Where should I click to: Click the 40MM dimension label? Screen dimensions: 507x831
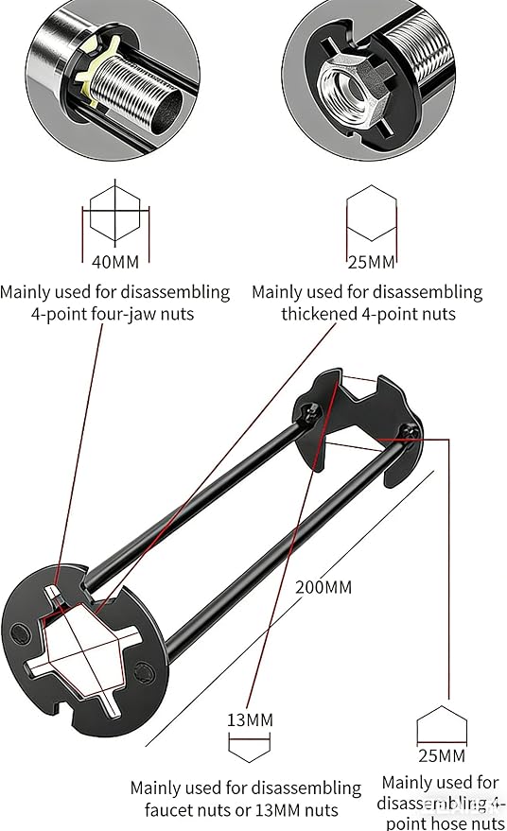tap(115, 262)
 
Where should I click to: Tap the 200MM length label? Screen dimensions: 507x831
tap(323, 587)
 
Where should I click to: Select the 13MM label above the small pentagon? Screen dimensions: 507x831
tap(250, 720)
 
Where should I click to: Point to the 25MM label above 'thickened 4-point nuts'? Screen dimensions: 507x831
tap(371, 262)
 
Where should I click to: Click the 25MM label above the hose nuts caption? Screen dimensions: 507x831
tap(442, 755)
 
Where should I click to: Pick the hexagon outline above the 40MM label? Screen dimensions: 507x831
tap(115, 213)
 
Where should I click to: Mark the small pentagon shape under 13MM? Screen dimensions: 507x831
tap(249, 747)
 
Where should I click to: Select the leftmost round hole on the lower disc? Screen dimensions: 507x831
tap(20, 633)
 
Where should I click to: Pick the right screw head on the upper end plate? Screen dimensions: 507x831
tap(410, 432)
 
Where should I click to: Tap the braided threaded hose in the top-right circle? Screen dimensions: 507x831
tap(419, 47)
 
